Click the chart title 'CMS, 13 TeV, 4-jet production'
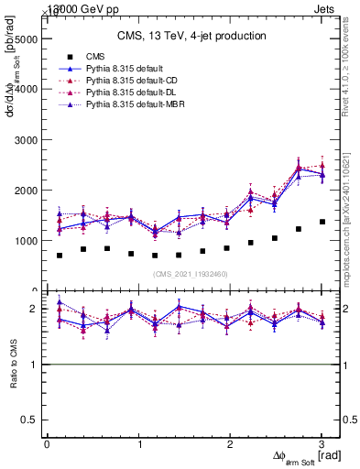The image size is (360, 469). (191, 37)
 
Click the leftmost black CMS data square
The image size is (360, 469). (60, 255)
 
